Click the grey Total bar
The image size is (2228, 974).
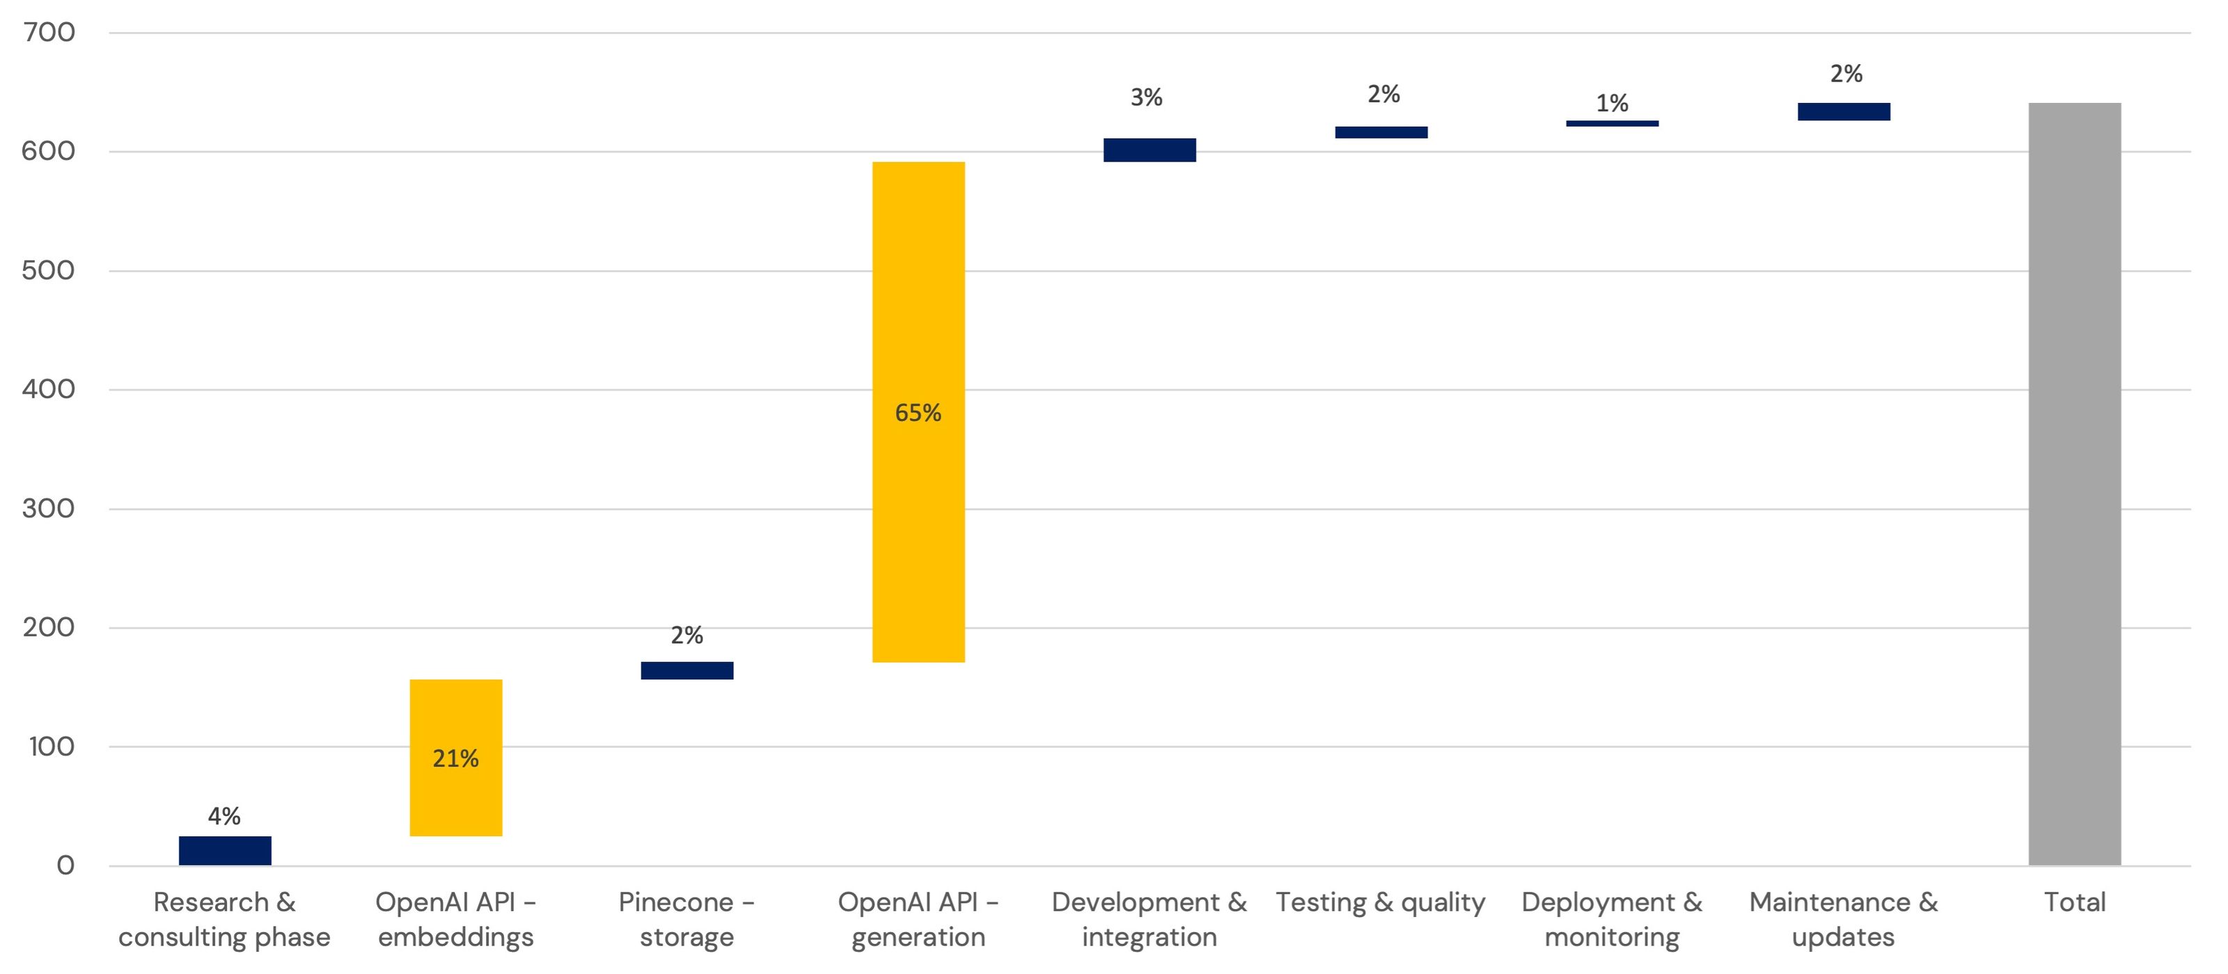coord(2074,485)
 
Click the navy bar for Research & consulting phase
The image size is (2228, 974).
coord(225,850)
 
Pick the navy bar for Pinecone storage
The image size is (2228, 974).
coord(687,670)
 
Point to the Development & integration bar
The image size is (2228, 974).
coord(1150,150)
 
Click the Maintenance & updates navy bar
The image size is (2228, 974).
coord(1843,111)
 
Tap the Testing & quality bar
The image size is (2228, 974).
coord(1381,132)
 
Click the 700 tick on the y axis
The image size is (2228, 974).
coord(49,33)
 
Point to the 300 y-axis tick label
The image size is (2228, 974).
coord(49,509)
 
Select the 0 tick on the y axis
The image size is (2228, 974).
coord(65,865)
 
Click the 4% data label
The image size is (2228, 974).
coord(224,816)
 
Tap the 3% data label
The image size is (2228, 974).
coord(1146,97)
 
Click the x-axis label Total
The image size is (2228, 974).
coord(2074,902)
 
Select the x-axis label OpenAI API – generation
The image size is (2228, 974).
coord(918,920)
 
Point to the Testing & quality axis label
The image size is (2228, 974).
coord(1381,902)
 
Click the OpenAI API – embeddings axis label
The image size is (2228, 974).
coord(456,920)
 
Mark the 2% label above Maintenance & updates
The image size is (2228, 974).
coord(1846,74)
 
